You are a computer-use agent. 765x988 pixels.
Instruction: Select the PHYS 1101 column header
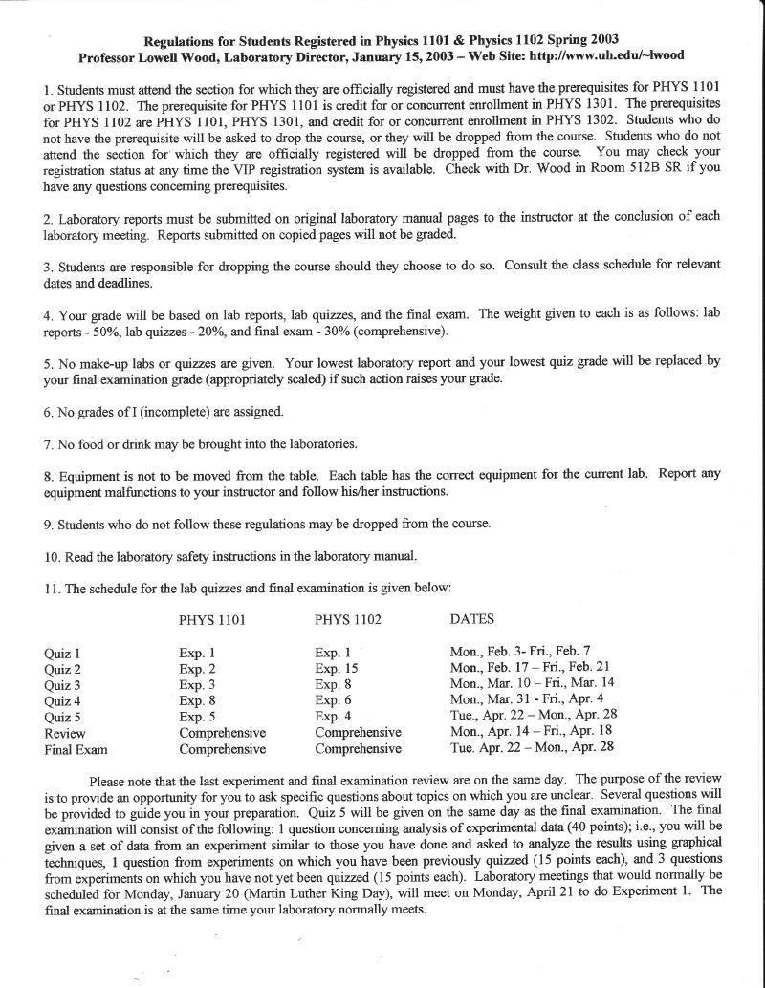coord(212,620)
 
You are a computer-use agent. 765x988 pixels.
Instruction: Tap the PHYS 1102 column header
coord(348,620)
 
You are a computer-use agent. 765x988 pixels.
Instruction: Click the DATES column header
coord(472,619)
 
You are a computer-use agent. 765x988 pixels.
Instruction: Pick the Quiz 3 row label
coord(62,686)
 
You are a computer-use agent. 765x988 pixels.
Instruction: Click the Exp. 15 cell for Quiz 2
coord(337,669)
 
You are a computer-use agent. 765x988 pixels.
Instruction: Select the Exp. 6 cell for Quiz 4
coord(333,700)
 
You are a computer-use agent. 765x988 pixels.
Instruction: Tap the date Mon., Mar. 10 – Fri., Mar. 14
coord(532,683)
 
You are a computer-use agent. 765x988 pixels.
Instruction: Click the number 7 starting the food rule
coord(48,444)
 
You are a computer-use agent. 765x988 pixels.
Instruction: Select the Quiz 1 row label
coord(62,654)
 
